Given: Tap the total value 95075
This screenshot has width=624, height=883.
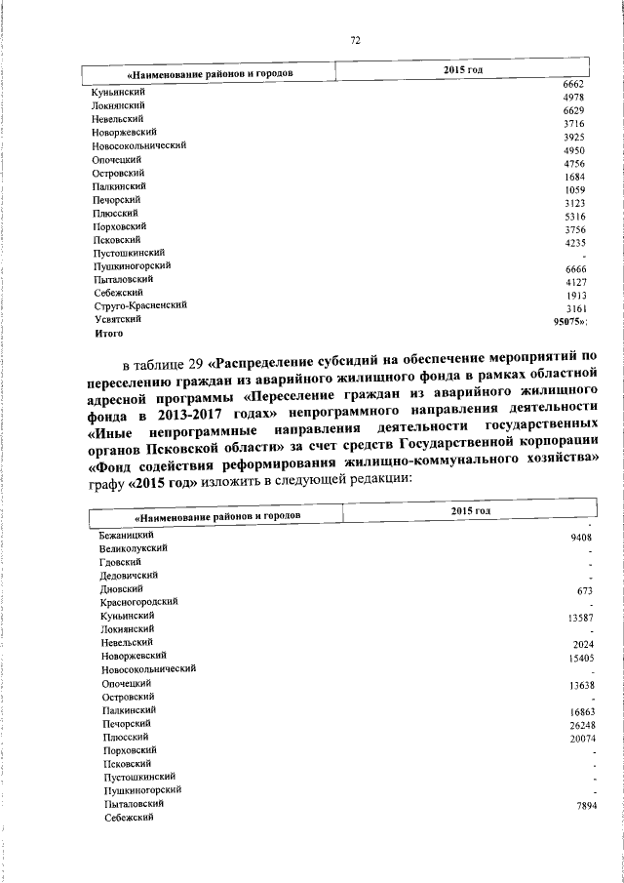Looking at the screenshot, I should point(568,319).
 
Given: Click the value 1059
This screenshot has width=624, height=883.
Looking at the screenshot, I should point(573,189).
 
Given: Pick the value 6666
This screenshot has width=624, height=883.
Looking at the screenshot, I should point(573,268).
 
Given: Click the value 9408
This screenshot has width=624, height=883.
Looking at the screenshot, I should point(582,537).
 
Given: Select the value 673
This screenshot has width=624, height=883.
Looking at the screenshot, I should point(585,591).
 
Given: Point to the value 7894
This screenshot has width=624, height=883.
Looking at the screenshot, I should point(582,806).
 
